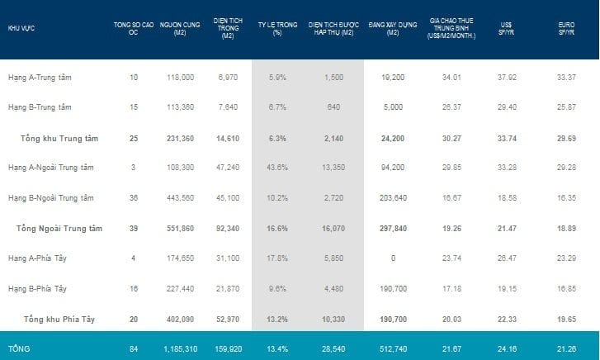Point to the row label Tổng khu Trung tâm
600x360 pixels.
click(59, 139)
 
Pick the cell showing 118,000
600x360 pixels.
click(181, 78)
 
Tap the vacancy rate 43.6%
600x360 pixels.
click(277, 168)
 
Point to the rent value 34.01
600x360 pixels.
click(451, 78)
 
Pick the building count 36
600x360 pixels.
click(134, 198)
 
